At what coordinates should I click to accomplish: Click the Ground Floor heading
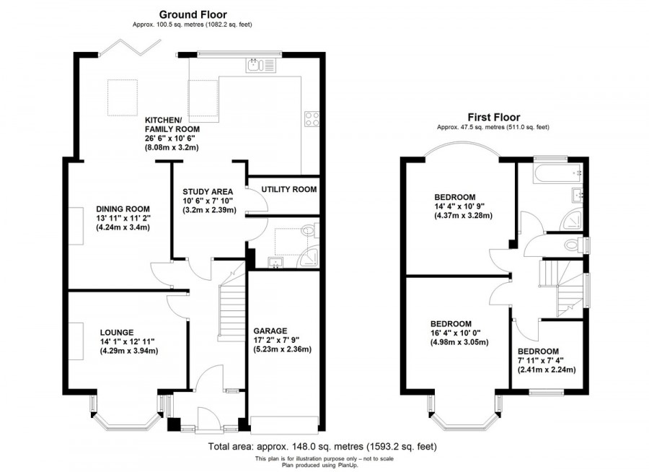(192, 14)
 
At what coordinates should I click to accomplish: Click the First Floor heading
(493, 117)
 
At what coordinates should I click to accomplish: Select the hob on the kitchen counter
(313, 118)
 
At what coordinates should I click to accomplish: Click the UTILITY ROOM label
(289, 190)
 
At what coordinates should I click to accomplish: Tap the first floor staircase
(560, 284)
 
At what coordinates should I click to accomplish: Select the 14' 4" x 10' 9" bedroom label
(454, 197)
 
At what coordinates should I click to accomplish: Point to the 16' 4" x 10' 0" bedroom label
(451, 323)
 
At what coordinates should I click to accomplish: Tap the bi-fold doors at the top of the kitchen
(128, 47)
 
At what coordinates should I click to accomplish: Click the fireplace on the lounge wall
(76, 338)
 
